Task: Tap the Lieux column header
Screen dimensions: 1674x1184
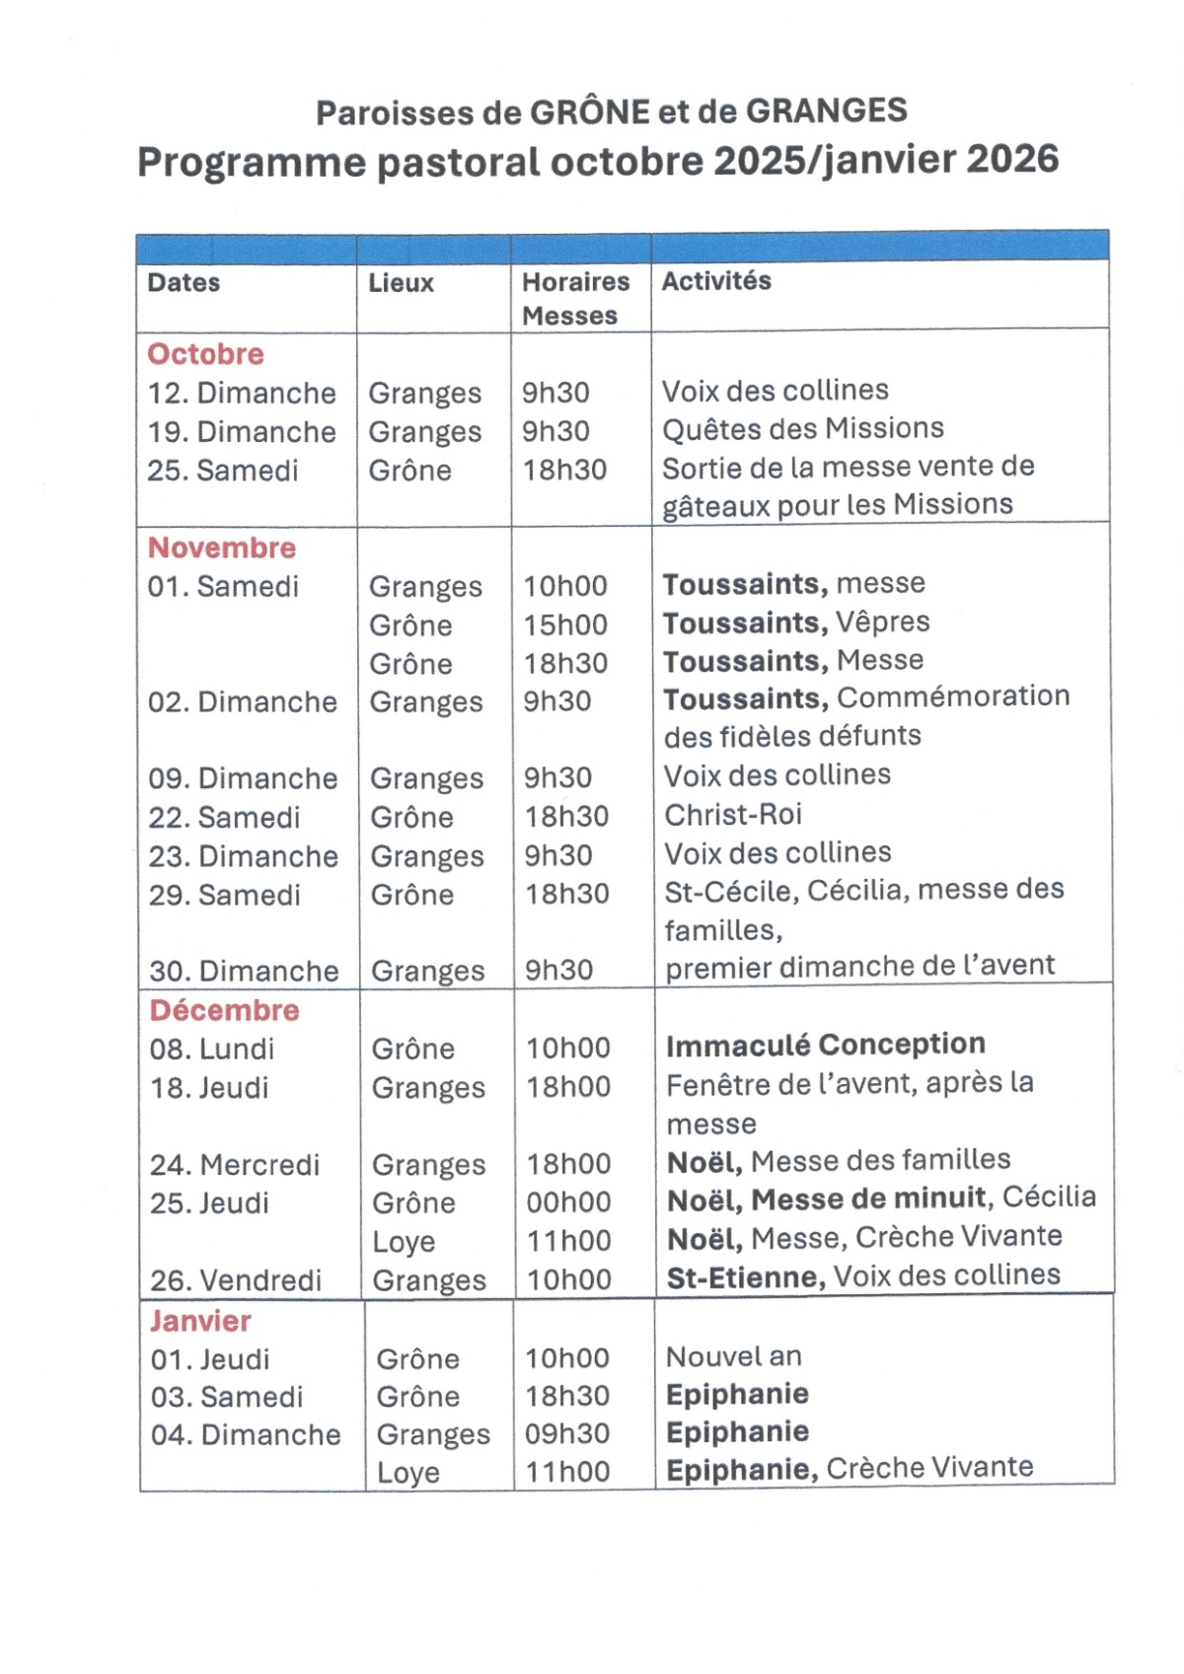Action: coord(401,283)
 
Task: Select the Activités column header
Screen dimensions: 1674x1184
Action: coord(715,281)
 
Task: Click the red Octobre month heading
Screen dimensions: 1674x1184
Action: coord(205,354)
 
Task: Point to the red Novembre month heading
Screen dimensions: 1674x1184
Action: coord(222,547)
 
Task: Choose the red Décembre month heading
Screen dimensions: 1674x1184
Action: coord(224,1010)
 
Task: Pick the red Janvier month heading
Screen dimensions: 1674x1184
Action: coord(200,1321)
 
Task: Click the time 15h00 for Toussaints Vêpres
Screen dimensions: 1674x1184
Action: coord(565,624)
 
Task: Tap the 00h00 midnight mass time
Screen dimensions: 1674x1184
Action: coord(568,1202)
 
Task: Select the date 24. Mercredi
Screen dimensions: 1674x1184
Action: coord(235,1165)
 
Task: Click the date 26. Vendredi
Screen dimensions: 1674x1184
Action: coord(236,1280)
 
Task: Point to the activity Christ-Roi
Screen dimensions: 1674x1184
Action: coord(733,815)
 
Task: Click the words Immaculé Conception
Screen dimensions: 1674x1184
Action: coord(826,1045)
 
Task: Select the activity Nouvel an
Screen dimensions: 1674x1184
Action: coord(734,1357)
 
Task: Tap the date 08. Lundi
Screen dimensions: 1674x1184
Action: coord(212,1049)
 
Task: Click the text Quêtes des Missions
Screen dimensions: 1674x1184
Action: coord(803,429)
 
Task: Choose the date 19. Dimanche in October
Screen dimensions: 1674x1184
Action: coord(242,432)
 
